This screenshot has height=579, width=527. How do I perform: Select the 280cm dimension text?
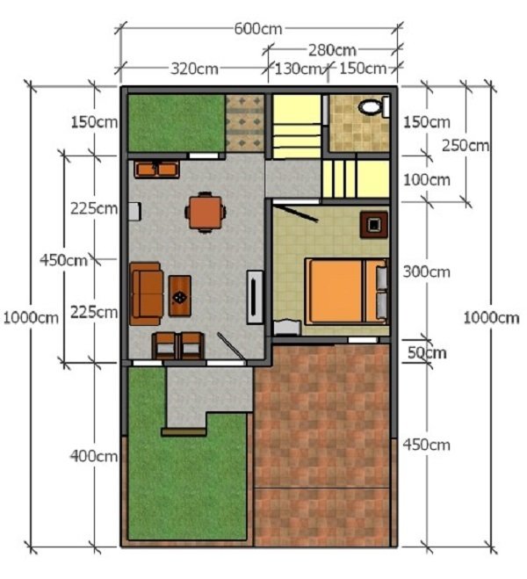point(332,49)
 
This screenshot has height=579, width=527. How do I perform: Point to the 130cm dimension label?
point(299,69)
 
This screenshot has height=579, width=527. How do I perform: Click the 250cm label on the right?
point(466,145)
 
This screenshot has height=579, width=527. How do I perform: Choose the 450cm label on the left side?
point(63,260)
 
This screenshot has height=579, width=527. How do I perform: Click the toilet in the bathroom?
point(372,107)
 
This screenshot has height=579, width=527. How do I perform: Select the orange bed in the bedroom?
point(338,290)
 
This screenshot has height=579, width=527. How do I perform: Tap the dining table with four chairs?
point(205,211)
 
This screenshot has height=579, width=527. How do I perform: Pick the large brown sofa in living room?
point(147,293)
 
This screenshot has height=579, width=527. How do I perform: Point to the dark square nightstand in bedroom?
point(373,223)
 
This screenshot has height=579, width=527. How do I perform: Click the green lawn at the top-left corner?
point(174,122)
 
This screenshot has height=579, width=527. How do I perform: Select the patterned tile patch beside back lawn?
point(244,123)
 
